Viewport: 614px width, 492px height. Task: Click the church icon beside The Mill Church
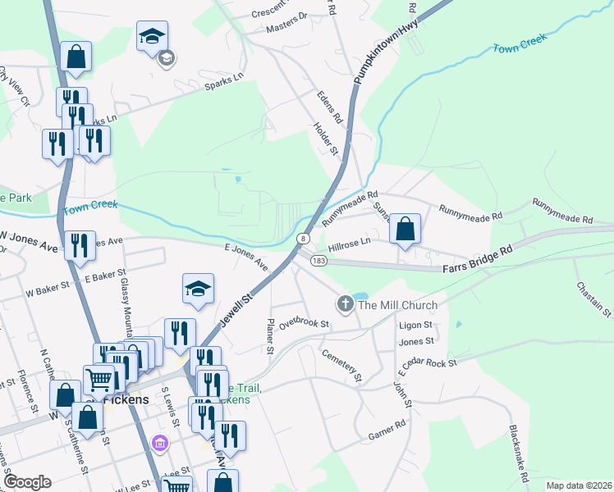[x=345, y=305]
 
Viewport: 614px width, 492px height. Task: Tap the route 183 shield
[x=319, y=260]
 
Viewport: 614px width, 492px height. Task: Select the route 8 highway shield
[x=303, y=238]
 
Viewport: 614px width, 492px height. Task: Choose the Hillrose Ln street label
[x=350, y=244]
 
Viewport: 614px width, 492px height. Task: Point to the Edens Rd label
[x=330, y=107]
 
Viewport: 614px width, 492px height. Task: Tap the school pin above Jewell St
[x=197, y=289]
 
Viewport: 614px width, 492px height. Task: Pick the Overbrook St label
[x=303, y=324]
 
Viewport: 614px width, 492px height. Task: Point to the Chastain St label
[x=593, y=299]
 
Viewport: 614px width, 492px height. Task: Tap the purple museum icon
[x=160, y=444]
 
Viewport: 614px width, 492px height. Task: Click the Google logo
[x=27, y=482]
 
